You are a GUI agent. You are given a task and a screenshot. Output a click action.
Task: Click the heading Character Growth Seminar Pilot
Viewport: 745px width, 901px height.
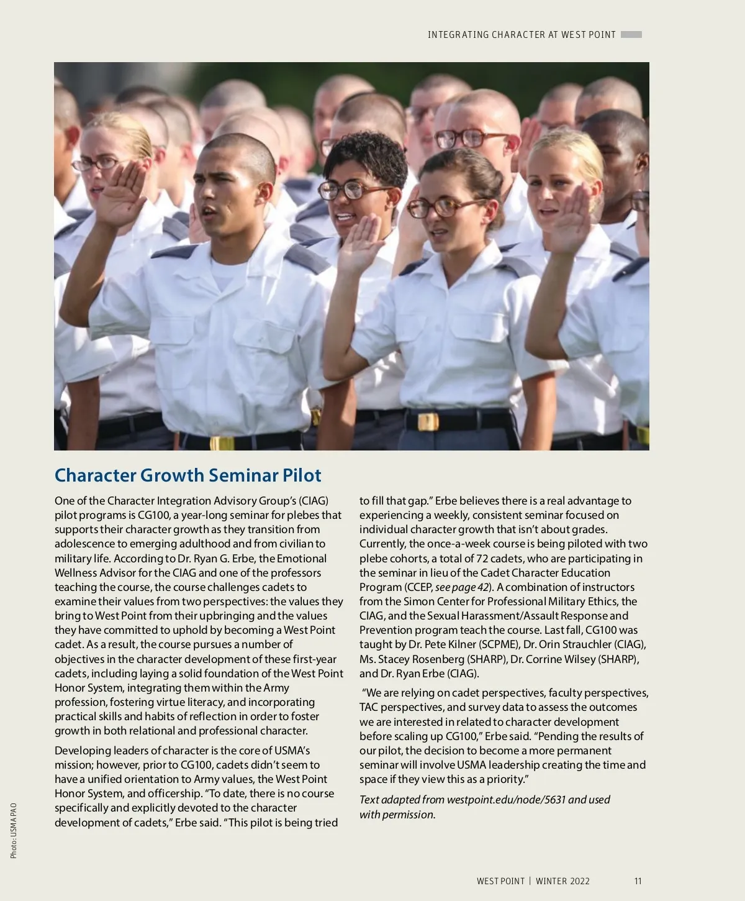187,475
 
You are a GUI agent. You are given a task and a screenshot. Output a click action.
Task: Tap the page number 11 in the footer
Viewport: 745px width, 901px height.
638,881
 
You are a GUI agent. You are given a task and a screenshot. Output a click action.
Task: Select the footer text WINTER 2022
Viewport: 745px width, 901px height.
562,881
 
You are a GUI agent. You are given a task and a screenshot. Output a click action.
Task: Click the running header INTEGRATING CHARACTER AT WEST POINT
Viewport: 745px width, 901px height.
521,35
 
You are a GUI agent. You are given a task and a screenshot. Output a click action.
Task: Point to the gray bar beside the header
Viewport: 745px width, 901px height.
631,35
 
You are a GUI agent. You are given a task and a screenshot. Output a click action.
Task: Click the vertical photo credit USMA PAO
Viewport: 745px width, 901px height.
14,831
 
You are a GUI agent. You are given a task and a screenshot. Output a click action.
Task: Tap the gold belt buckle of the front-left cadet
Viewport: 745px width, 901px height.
222,443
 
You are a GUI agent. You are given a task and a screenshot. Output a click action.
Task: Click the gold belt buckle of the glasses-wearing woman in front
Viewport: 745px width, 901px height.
428,422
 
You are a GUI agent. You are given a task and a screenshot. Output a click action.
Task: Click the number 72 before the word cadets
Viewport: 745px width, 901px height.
482,559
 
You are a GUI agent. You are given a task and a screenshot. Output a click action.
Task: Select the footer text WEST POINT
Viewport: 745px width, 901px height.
500,881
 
